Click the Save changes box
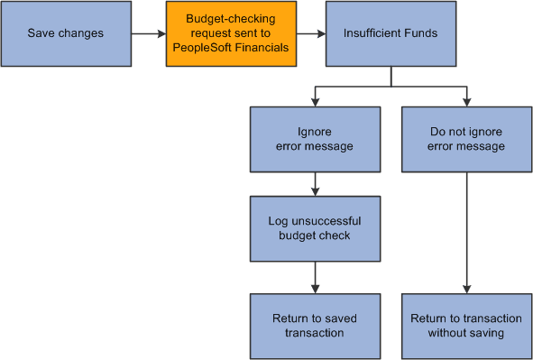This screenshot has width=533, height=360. [65, 34]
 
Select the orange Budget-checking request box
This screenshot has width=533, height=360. [230, 34]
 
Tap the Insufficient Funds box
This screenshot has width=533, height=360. [390, 34]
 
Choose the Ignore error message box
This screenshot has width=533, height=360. [314, 139]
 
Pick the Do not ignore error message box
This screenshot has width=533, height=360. [466, 139]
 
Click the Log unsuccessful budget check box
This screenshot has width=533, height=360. [314, 229]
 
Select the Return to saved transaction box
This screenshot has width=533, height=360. [314, 325]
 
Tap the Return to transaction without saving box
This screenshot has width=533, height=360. [466, 325]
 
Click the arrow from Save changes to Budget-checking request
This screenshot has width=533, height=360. [147, 34]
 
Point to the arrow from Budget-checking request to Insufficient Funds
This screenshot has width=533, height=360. [310, 34]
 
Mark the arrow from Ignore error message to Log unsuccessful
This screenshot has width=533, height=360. [315, 184]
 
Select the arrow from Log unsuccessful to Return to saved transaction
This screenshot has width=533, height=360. [315, 276]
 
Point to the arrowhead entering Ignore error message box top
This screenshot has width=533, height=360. [315, 100]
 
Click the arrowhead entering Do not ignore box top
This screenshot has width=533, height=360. [467, 100]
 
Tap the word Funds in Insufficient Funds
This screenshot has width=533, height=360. [419, 34]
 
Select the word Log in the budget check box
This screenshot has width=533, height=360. [278, 221]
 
